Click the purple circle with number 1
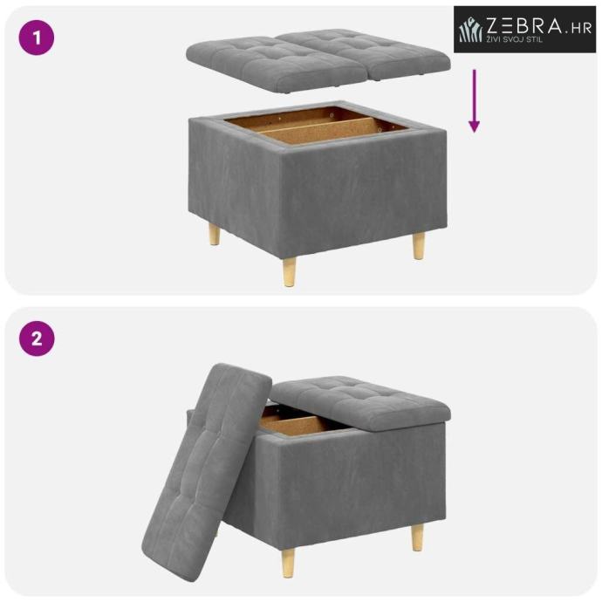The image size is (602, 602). [37, 38]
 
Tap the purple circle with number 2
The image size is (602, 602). [37, 339]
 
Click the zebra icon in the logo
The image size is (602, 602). [470, 30]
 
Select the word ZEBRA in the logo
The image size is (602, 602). [525, 25]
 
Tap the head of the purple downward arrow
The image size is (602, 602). [474, 126]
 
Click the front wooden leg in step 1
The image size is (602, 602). [290, 272]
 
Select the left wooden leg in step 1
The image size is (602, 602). [215, 235]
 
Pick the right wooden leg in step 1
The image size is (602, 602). [419, 246]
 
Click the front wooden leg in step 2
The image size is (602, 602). [288, 564]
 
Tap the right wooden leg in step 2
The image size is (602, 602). [418, 538]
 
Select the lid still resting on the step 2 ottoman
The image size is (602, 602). [361, 403]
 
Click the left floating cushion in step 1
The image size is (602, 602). [277, 64]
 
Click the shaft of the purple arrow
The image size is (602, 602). [474, 95]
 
